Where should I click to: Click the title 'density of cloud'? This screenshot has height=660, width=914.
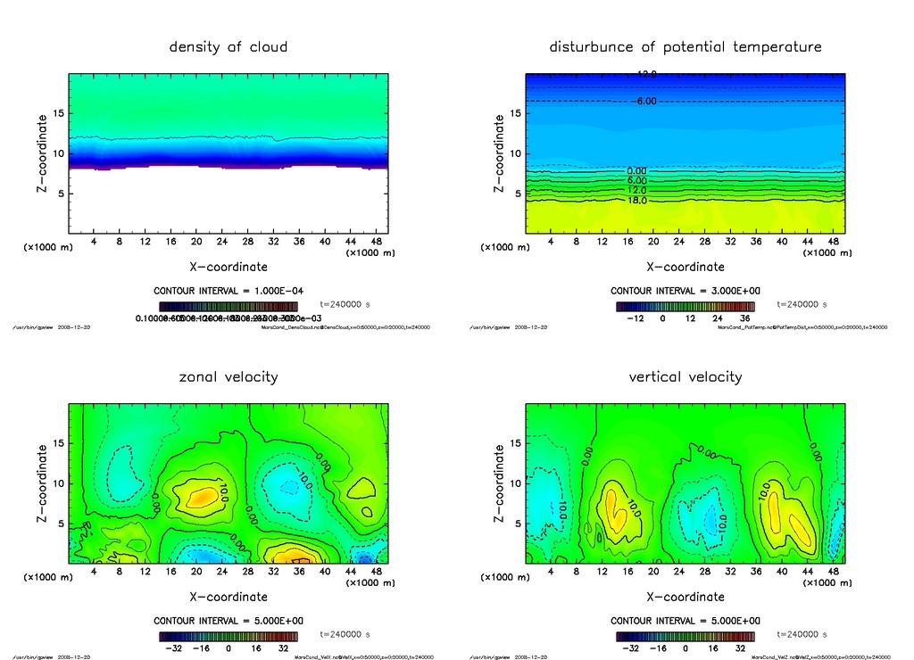[228, 47]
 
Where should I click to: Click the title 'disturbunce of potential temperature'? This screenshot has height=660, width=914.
[685, 47]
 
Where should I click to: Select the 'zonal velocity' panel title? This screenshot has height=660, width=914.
[228, 377]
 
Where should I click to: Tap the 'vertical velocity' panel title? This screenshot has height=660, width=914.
[685, 377]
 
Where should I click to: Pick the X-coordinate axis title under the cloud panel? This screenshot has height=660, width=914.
[228, 267]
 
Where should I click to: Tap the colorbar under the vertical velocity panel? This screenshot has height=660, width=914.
[685, 637]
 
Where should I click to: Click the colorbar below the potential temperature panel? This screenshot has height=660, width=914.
[685, 306]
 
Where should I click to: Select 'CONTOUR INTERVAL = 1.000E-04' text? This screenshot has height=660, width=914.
[228, 292]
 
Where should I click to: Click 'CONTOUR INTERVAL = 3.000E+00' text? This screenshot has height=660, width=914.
[685, 292]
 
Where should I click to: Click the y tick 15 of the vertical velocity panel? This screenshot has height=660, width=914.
[513, 443]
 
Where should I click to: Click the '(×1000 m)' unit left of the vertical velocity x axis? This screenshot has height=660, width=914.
[503, 577]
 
